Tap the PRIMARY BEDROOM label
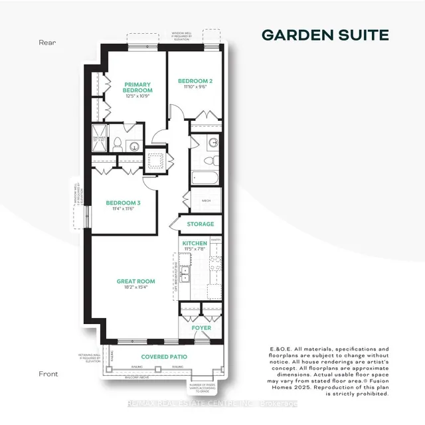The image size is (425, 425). tap(138, 88)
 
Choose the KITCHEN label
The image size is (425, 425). tap(195, 244)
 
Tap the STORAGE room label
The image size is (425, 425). tap(200, 224)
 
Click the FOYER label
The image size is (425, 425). tap(201, 327)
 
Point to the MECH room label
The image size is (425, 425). tap(198, 199)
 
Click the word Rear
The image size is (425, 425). tap(46, 42)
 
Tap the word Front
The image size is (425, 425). tap(47, 373)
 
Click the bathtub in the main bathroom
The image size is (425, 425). tap(201, 177)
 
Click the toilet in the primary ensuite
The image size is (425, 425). tap(118, 143)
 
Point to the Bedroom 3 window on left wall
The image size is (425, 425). tap(85, 214)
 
